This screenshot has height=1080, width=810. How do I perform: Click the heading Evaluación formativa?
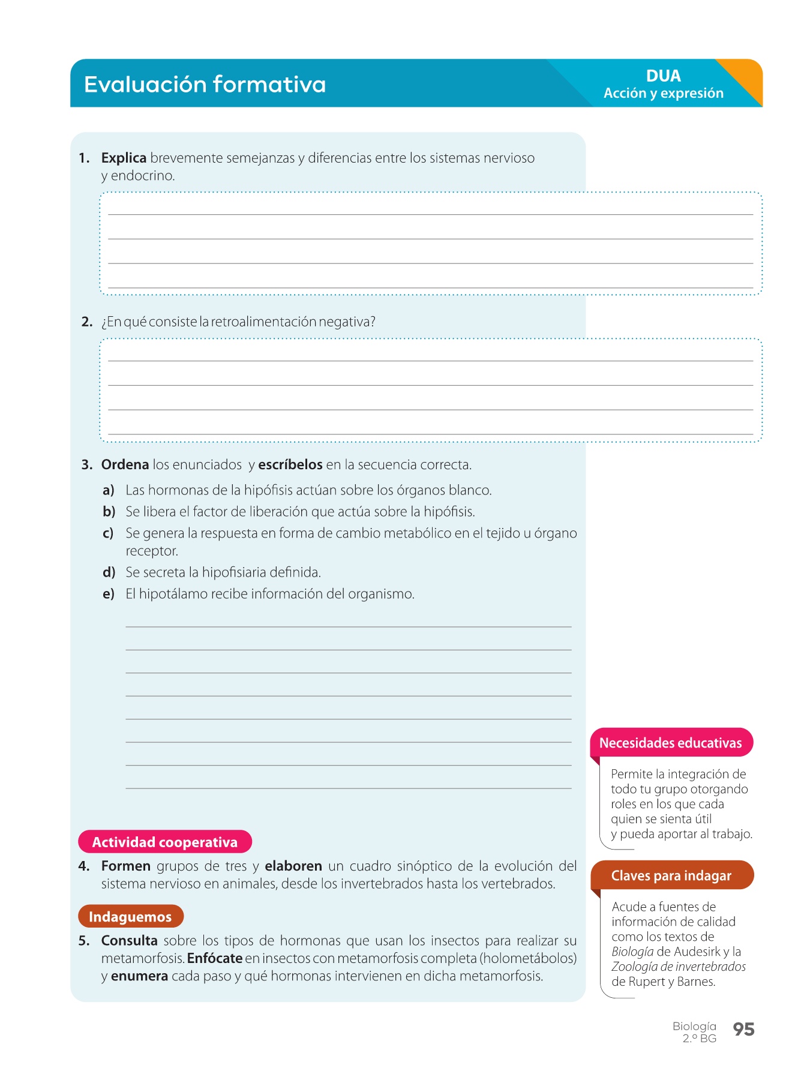coord(205,84)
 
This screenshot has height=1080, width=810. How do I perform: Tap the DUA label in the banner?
coord(663,76)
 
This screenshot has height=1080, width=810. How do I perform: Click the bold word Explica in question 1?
coord(124,158)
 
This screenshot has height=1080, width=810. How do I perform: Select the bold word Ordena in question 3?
coord(125,464)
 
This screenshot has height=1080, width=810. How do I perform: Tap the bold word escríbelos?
coord(290,464)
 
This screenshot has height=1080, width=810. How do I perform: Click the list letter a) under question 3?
coord(109,490)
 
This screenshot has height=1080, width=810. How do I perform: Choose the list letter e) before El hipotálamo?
coord(109,594)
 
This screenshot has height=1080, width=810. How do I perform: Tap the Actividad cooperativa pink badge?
coord(164,842)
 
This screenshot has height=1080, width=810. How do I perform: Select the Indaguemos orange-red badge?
coord(130,916)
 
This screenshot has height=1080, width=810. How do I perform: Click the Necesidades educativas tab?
coord(671,743)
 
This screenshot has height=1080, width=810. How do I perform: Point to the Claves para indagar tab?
coord(671,875)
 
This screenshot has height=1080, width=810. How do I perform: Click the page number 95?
coord(743,1030)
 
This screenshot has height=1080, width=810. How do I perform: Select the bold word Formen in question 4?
coord(126,866)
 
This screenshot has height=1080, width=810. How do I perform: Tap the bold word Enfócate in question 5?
coord(215,958)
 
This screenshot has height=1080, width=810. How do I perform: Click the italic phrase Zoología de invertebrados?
coord(679,967)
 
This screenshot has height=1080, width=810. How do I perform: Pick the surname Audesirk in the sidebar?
coord(697,952)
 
